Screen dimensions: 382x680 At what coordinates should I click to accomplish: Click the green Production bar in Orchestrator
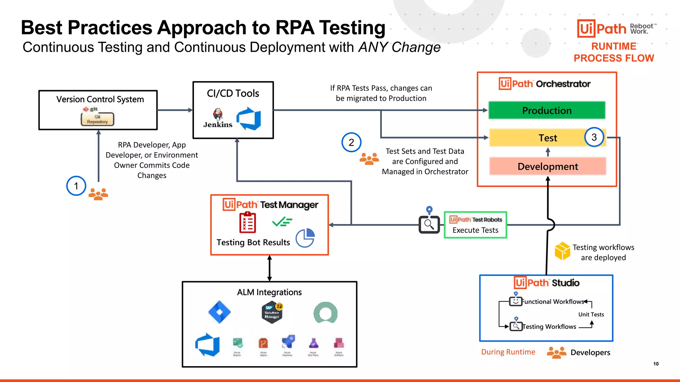pos(547,110)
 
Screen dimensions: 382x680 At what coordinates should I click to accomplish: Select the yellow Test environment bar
pos(538,138)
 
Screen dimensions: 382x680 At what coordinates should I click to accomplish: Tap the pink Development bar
pos(548,166)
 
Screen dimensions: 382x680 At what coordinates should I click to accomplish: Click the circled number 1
pos(76,186)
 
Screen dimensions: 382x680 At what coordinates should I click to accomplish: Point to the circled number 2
pos(351,142)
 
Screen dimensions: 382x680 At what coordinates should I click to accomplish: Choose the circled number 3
pos(594,137)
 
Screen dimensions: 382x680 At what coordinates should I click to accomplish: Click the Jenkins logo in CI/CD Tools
pos(218,118)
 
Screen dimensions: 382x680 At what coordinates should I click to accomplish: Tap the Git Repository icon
pos(97,119)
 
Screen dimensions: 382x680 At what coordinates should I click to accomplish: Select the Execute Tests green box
pos(475,225)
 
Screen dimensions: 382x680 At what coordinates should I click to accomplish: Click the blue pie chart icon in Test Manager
pos(305,238)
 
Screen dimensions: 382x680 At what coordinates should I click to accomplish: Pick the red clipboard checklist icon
pos(248,223)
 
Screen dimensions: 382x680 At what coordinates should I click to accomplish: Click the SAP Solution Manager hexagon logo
pos(272,312)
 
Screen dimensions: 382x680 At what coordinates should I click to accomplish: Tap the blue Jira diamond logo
pos(219,312)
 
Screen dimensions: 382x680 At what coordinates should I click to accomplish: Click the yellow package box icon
pos(562,251)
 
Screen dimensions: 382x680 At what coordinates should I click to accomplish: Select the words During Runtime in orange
pos(508,352)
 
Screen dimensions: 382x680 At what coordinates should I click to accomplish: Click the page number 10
pos(656,364)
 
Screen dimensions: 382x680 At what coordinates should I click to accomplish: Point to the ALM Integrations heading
pos(269,292)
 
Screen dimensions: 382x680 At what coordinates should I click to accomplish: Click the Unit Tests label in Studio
pos(591,314)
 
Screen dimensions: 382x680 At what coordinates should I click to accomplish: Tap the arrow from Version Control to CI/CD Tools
pos(175,110)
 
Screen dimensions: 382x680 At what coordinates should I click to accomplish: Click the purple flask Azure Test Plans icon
pos(313,343)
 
